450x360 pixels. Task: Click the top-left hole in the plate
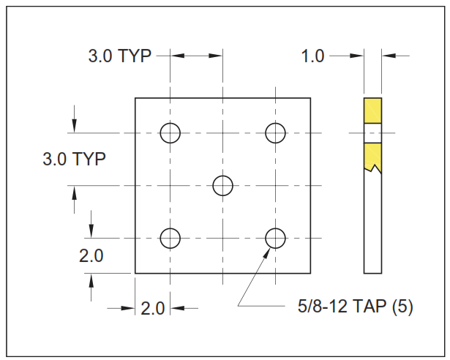170,133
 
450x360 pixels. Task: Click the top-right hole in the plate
275,133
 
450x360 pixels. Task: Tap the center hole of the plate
223,185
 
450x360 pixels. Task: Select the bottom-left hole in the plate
170,238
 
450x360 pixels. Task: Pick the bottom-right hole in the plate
275,238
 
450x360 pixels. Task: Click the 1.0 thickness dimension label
312,56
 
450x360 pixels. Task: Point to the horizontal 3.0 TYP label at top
119,56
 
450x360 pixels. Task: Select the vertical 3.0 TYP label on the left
73,159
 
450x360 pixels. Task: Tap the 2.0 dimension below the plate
152,308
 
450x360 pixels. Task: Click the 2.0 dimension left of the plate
91,255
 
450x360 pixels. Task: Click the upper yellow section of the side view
373,110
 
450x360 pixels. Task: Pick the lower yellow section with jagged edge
373,154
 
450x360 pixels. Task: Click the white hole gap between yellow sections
373,133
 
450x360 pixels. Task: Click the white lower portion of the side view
373,227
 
